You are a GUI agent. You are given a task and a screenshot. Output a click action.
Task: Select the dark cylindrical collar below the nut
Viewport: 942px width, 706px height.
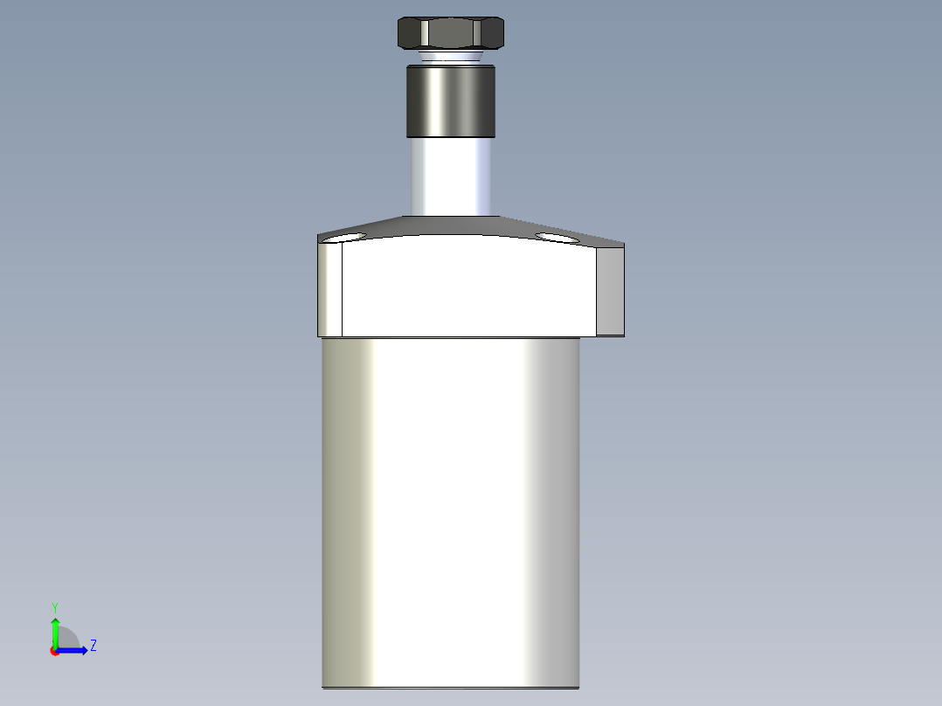click(450, 102)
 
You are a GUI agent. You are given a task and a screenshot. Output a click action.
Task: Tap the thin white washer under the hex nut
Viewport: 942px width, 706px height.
click(450, 58)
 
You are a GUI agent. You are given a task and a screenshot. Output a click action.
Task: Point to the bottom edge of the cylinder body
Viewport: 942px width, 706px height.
click(450, 688)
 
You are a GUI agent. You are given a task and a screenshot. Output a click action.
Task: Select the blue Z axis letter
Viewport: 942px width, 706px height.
click(93, 646)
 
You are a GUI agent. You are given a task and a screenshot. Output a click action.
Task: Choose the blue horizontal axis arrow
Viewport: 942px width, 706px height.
click(74, 650)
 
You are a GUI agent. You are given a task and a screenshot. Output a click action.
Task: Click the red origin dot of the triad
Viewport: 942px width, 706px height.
click(54, 651)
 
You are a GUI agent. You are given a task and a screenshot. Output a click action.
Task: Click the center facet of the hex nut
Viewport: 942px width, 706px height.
click(450, 33)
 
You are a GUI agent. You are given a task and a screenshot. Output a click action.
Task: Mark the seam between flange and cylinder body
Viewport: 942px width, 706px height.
click(450, 337)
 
